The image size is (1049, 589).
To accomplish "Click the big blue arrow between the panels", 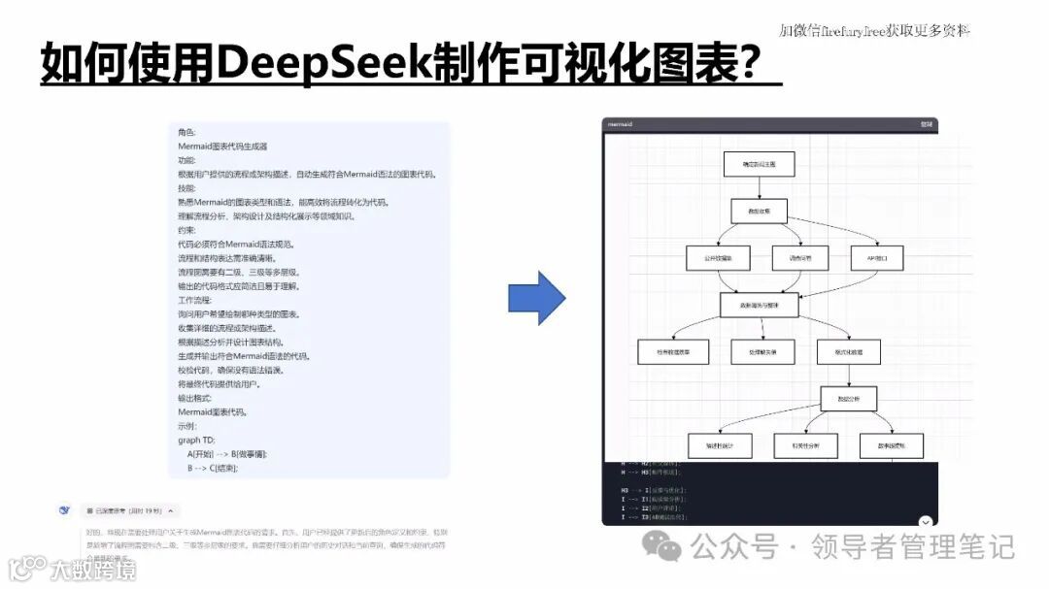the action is [x=536, y=299].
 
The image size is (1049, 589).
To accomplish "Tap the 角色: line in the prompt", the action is [x=186, y=132].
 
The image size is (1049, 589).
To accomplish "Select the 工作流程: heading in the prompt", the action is [x=195, y=300].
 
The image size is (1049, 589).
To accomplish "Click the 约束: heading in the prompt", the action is [x=186, y=230].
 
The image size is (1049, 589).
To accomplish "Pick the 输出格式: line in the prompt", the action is [x=195, y=398].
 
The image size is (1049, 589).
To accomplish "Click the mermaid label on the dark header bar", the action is [x=620, y=124].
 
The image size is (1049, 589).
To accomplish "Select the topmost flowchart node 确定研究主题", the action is [x=759, y=165].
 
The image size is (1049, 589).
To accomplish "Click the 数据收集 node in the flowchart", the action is [x=759, y=212].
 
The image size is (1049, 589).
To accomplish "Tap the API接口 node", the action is [x=863, y=258].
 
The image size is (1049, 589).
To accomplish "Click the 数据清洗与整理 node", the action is [x=759, y=305].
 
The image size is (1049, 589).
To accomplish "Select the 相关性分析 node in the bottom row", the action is [x=805, y=445].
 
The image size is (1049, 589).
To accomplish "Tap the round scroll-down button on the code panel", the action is [x=926, y=522].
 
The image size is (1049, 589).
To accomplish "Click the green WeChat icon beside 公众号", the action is [x=668, y=549].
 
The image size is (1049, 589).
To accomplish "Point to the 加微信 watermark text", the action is [x=874, y=30].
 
